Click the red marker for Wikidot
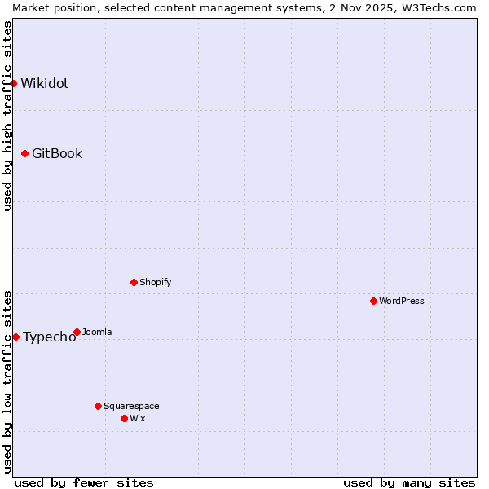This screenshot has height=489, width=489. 14,83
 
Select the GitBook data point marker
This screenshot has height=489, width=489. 24,153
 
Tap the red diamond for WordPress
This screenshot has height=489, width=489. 373,301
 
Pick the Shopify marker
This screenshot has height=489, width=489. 134,282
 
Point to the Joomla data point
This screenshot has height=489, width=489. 77,332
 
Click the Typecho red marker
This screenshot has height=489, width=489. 15,337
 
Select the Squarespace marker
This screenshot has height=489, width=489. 98,406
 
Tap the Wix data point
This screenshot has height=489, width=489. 124,418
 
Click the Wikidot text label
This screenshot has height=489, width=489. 45,83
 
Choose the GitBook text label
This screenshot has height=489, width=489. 57,153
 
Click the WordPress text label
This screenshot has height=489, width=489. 402,301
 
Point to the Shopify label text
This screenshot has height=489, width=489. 155,282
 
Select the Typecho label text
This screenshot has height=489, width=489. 49,337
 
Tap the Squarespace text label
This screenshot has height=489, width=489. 131,406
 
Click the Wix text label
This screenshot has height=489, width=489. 137,418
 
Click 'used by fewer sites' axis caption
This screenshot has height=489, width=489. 84,482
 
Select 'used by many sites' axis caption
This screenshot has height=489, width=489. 409,482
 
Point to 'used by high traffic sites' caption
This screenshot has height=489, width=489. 7,116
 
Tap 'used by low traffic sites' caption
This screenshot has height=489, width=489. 7,381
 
